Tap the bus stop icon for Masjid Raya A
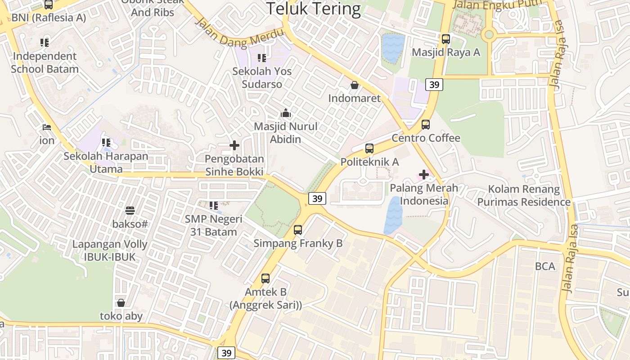click(x=445, y=39)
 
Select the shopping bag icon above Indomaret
click(x=355, y=85)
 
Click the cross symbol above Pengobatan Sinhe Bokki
click(x=234, y=145)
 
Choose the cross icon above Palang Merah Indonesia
click(x=423, y=175)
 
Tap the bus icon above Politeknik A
click(x=369, y=148)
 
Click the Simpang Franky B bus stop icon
click(x=298, y=230)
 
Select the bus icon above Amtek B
click(x=265, y=279)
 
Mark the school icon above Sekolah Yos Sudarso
click(x=262, y=58)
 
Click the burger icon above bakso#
click(x=130, y=210)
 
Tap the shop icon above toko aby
click(x=121, y=303)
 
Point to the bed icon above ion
click(x=46, y=127)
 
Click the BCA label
click(x=545, y=266)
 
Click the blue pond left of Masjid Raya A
click(x=393, y=48)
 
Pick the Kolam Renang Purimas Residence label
click(x=524, y=195)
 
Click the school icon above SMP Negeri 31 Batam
click(x=214, y=206)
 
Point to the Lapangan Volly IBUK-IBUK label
click(x=110, y=251)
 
